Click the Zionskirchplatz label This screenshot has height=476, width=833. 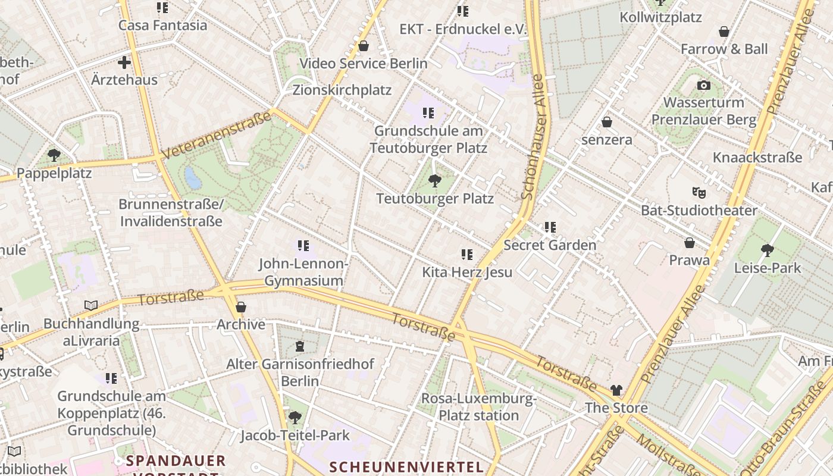[x=342, y=90]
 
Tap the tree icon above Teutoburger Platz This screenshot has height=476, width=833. [x=435, y=180]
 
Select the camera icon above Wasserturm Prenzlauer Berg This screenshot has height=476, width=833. [x=704, y=85]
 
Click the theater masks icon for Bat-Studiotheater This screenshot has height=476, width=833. [x=699, y=192]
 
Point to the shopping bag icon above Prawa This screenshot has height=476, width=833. [x=689, y=243]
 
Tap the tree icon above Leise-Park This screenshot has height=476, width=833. [x=768, y=250]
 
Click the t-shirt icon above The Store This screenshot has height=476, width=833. [x=616, y=390]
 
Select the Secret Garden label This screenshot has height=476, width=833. [x=550, y=245]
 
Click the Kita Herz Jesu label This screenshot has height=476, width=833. [x=467, y=273]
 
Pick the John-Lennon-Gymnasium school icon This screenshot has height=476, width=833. [x=303, y=245]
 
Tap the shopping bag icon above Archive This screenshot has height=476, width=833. [x=241, y=307]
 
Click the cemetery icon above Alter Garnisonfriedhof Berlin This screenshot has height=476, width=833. [x=300, y=346]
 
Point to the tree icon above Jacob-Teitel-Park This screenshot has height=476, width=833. [x=295, y=417]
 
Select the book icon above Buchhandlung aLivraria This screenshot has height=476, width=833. [x=91, y=306]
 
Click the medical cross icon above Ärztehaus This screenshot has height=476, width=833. [x=124, y=62]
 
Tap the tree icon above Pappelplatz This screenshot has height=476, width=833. [x=54, y=155]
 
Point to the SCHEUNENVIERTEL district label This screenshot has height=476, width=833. [x=406, y=466]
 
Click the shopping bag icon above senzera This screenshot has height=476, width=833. [x=607, y=122]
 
